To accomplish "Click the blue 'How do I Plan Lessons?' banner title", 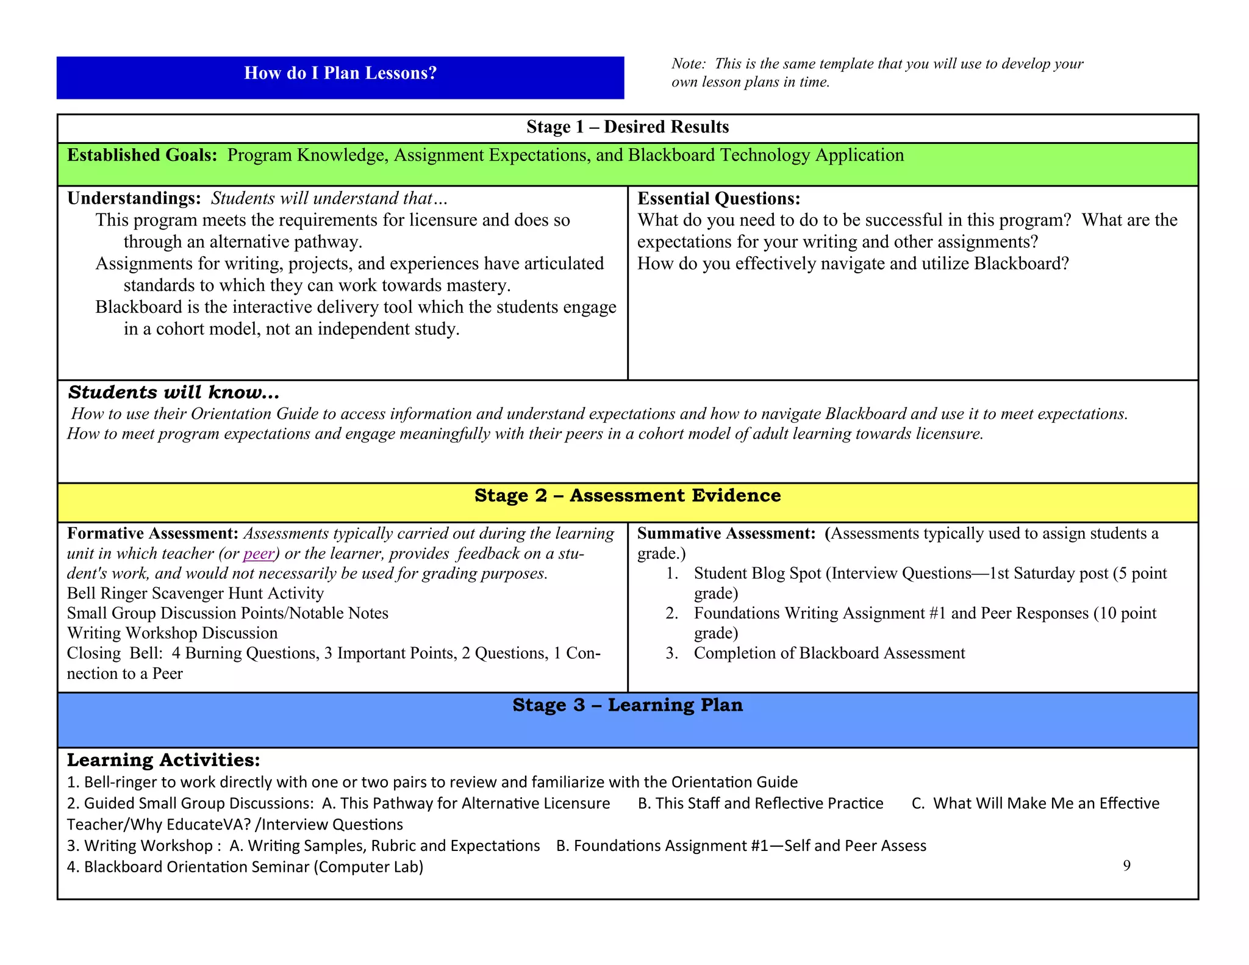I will pyautogui.click(x=340, y=73).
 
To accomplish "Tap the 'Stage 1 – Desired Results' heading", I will pyautogui.click(x=628, y=127).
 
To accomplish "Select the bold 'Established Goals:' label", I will pyautogui.click(x=142, y=156).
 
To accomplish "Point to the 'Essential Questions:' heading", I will pyautogui.click(x=718, y=199).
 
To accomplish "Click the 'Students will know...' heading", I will pyautogui.click(x=174, y=392).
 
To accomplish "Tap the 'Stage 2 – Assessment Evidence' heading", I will pyautogui.click(x=628, y=495).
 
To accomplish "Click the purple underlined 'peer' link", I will pyautogui.click(x=259, y=554).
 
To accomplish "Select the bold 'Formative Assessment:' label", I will pyautogui.click(x=152, y=534).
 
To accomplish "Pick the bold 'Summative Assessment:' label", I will pyautogui.click(x=726, y=534).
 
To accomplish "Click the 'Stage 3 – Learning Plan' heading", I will pyautogui.click(x=628, y=705).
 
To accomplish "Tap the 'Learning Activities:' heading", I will pyautogui.click(x=163, y=760).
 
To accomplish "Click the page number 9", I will pyautogui.click(x=1126, y=866).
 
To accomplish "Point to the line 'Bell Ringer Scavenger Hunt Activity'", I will pyautogui.click(x=195, y=594).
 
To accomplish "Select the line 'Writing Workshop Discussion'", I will pyautogui.click(x=172, y=633).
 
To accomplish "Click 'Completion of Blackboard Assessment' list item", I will pyautogui.click(x=829, y=653).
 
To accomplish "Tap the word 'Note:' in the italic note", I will pyautogui.click(x=689, y=64).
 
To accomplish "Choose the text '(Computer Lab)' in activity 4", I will pyautogui.click(x=368, y=867).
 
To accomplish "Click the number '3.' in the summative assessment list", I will pyautogui.click(x=672, y=653).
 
